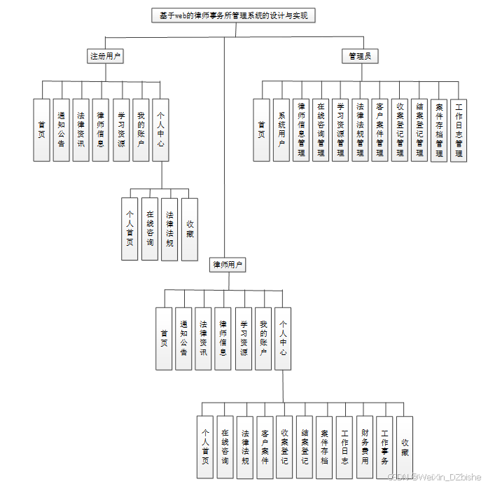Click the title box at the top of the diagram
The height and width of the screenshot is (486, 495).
click(x=233, y=15)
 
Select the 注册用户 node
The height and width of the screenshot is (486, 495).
click(x=106, y=57)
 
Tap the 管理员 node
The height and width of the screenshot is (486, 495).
click(x=360, y=57)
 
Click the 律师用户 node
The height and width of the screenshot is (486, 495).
click(x=228, y=265)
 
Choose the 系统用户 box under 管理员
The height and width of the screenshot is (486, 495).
click(x=281, y=130)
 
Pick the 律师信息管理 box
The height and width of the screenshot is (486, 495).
click(x=301, y=130)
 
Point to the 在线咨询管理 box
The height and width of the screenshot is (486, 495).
click(x=321, y=130)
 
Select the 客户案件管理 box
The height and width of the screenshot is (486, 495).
click(x=379, y=130)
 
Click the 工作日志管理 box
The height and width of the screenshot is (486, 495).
click(x=459, y=130)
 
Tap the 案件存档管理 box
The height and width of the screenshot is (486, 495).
click(x=439, y=130)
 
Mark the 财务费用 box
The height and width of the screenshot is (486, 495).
click(x=365, y=447)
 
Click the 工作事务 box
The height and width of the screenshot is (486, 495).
click(x=384, y=447)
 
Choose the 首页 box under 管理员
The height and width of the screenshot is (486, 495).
click(x=262, y=130)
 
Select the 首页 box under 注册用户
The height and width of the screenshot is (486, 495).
click(x=42, y=130)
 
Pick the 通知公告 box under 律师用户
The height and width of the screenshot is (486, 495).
click(x=183, y=339)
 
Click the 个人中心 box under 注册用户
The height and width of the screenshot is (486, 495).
click(x=161, y=130)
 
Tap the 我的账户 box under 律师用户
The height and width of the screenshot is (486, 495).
click(x=263, y=339)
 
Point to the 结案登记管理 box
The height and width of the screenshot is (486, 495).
click(x=419, y=130)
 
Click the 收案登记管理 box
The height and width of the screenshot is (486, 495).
click(x=399, y=130)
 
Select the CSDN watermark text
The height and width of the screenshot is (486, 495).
click(x=434, y=477)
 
